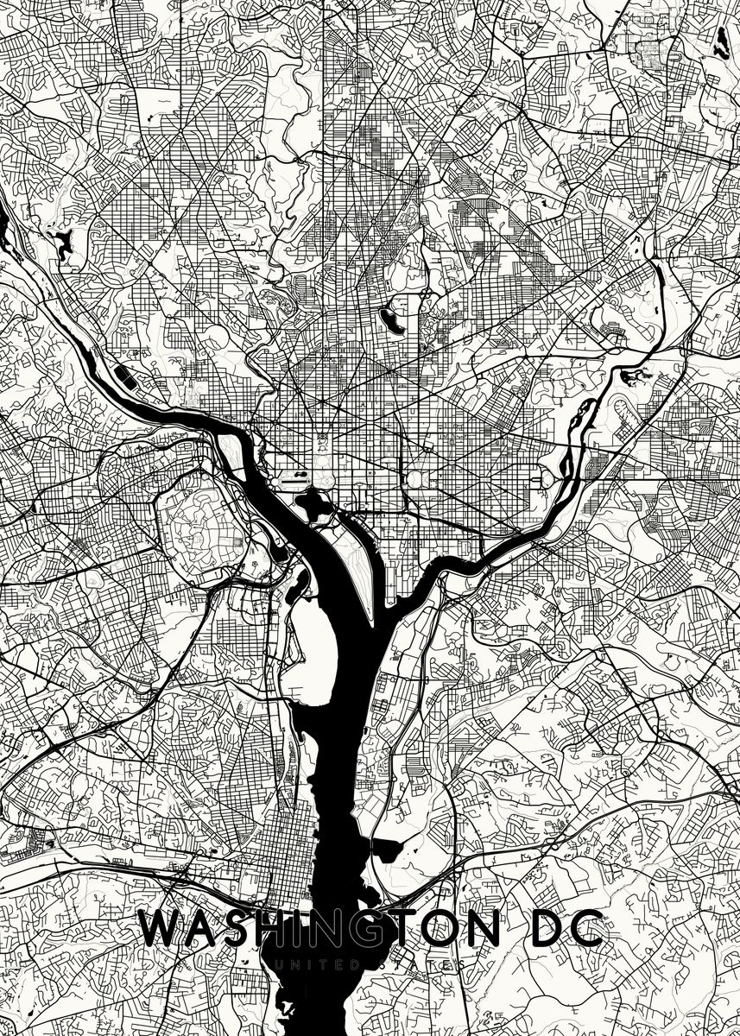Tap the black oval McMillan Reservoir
click(394, 315)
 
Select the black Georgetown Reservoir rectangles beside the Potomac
click(123, 376)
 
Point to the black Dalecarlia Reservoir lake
click(62, 243)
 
